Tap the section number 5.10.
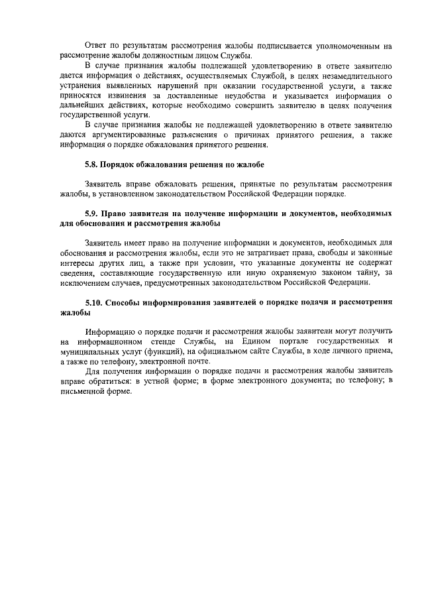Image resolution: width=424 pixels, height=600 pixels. [x=95, y=302]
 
